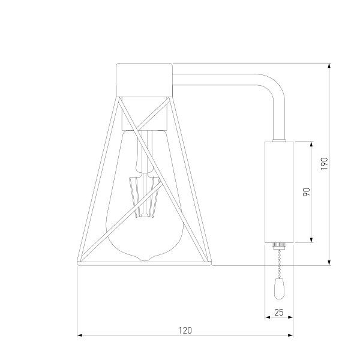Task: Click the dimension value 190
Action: (325, 164)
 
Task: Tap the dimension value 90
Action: (306, 192)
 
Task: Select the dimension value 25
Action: (279, 313)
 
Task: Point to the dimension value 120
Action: (185, 331)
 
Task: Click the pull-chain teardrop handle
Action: (279, 289)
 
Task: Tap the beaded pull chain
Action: (279, 264)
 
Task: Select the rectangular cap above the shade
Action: (144, 80)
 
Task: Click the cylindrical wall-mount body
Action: (279, 192)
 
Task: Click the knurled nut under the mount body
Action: (279, 245)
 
